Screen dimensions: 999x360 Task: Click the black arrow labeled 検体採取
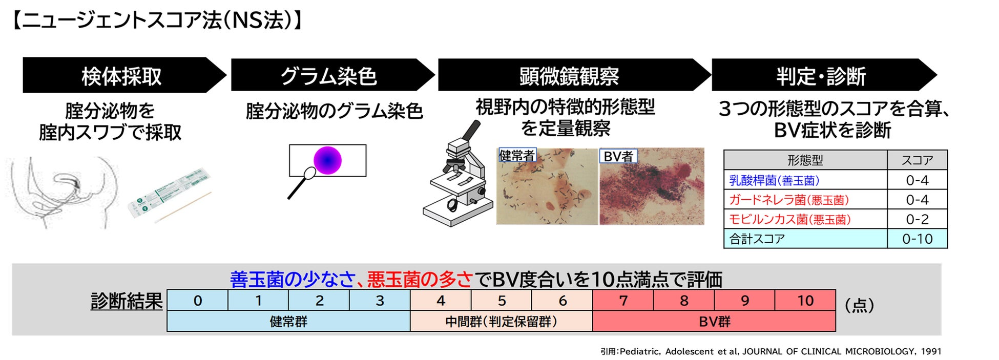click(x=123, y=75)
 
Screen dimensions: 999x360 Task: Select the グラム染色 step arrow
click(x=332, y=75)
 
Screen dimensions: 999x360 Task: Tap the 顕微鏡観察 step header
click(x=574, y=75)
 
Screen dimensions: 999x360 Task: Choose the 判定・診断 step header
click(x=823, y=75)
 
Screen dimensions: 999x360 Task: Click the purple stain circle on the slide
click(x=327, y=160)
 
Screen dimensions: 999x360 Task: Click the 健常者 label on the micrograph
click(x=517, y=155)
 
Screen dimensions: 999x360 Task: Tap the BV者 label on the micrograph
click(x=618, y=156)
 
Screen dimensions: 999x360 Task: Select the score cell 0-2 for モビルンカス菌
click(x=917, y=219)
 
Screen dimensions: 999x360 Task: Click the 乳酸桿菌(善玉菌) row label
click(x=774, y=180)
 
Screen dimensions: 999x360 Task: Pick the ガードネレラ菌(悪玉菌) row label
click(x=789, y=200)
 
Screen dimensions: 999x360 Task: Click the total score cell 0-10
click(x=917, y=239)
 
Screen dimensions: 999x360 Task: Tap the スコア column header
click(x=917, y=160)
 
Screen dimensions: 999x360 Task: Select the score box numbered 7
click(x=623, y=300)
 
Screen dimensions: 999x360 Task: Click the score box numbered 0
click(x=198, y=300)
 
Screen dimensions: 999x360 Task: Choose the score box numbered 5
click(x=502, y=300)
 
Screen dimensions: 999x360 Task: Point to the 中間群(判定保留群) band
click(x=501, y=321)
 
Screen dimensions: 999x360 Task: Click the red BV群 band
click(x=714, y=321)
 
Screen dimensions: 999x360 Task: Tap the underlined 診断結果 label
click(x=127, y=301)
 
